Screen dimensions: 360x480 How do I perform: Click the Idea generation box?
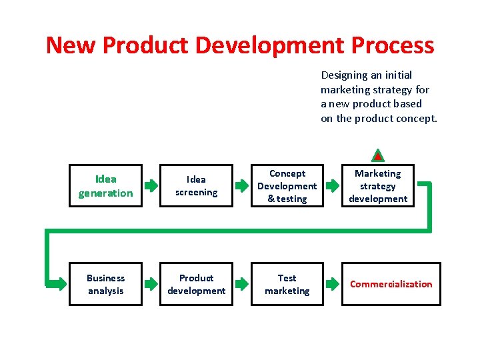point(105,186)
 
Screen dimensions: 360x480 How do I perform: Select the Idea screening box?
point(196,186)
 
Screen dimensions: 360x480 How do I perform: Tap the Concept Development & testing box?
point(287,186)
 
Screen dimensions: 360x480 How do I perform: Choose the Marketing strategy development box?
point(377,186)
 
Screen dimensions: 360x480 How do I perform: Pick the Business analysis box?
point(105,284)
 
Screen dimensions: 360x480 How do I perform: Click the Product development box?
point(196,284)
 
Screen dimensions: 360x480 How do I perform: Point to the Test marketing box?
point(287,284)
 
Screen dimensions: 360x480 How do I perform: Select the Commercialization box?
point(391,284)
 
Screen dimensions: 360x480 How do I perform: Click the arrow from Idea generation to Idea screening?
point(151,186)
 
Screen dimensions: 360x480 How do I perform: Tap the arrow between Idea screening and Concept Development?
point(241,186)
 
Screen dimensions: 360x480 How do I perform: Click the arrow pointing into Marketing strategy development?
point(332,186)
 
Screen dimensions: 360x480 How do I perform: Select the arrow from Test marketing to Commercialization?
point(332,284)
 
